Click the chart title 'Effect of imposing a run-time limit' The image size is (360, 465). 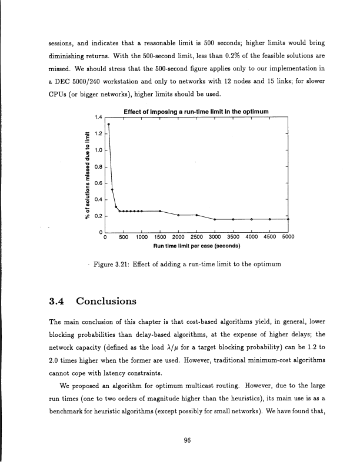(196, 112)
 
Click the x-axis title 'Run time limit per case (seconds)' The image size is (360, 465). (196, 246)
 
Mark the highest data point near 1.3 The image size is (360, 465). (108, 125)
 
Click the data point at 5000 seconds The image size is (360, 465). (287, 219)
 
